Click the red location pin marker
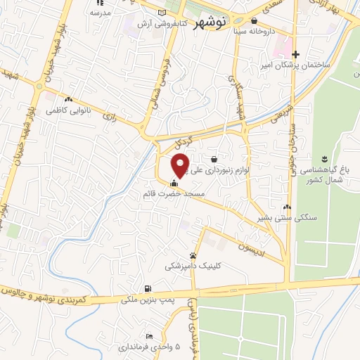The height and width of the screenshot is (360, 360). coord(181,165)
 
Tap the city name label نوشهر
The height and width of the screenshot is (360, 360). coord(226,22)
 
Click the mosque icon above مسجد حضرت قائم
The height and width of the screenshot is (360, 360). coord(174,184)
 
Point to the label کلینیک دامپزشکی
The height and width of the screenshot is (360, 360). coord(192,266)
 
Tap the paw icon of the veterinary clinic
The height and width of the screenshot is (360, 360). coord(193,255)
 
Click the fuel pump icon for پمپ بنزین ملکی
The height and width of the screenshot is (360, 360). coord(147,288)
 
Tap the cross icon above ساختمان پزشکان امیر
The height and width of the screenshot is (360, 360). coord(296,54)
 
